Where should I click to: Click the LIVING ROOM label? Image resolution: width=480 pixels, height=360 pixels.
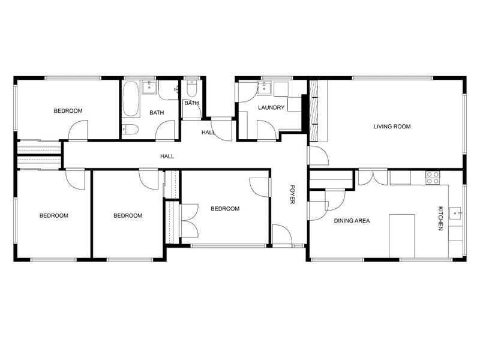[392, 127]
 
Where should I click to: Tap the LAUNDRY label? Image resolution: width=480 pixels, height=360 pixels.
[271, 107]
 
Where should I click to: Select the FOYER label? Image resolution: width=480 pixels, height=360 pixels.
[292, 194]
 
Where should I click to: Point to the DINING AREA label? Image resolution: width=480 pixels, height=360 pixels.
[352, 220]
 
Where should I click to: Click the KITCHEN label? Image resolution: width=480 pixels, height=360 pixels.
[440, 218]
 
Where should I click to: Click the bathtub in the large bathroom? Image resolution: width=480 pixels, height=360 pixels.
[131, 99]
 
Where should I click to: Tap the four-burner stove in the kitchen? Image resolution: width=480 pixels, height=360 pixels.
[433, 178]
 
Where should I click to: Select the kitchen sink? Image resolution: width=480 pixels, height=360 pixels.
[456, 213]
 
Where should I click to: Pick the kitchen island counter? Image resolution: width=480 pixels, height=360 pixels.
[402, 236]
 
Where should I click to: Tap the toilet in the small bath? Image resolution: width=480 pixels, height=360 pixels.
[192, 88]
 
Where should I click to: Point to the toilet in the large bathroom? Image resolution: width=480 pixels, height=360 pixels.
[130, 129]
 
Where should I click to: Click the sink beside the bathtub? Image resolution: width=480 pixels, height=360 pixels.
[149, 87]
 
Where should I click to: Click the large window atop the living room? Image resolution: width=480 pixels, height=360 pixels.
[393, 78]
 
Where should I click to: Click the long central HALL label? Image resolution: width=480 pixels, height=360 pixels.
[167, 157]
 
